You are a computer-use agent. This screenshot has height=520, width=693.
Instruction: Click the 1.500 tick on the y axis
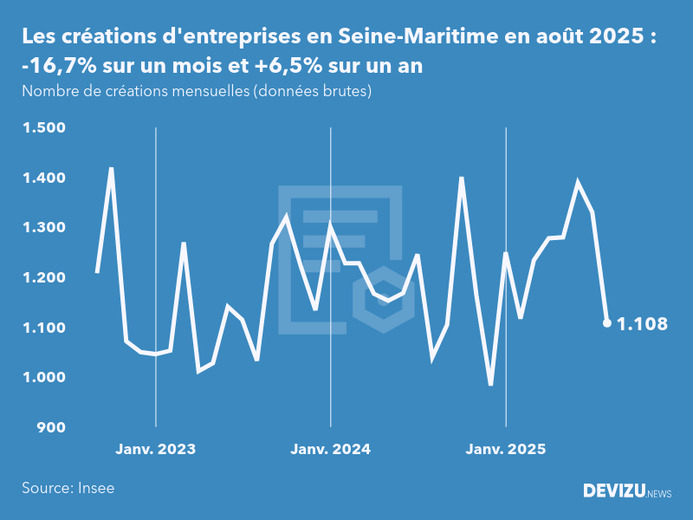(43, 128)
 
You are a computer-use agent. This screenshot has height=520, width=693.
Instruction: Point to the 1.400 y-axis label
(43, 179)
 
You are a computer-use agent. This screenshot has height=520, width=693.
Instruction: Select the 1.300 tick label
(43, 228)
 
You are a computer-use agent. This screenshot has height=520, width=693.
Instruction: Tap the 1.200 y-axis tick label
(43, 278)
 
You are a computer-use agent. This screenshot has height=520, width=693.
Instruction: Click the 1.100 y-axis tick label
(43, 328)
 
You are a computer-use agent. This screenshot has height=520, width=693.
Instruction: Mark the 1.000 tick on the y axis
(43, 378)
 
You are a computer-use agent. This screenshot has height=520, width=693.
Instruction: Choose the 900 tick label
(50, 427)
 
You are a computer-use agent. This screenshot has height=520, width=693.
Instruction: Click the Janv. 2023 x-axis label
(156, 450)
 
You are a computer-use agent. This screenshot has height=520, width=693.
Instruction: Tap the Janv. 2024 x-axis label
(331, 450)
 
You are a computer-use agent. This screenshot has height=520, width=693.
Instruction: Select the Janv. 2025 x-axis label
(506, 450)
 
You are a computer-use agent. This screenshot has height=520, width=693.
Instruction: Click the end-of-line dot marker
(607, 323)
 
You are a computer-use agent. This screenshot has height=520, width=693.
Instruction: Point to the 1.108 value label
(642, 324)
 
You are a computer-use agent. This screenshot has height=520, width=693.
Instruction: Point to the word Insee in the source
(95, 488)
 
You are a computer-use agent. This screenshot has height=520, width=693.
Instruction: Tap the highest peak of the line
(111, 169)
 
